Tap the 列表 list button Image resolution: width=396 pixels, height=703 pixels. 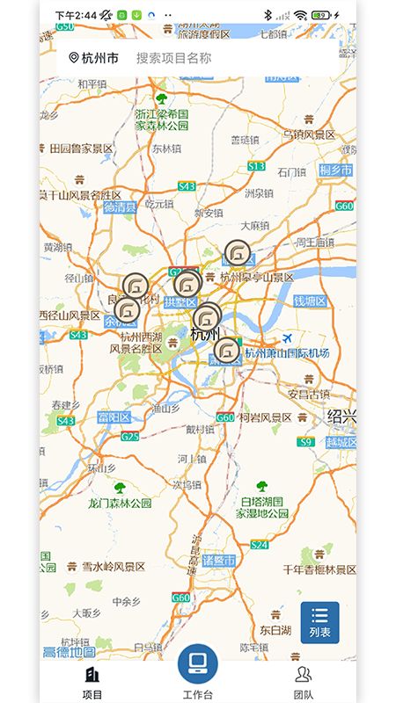point(319,622)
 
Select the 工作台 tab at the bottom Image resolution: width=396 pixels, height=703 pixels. point(197,672)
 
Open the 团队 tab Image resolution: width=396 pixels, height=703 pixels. point(304,681)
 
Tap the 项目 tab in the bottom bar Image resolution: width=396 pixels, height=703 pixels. point(92,681)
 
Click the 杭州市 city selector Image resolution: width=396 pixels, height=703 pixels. point(93,59)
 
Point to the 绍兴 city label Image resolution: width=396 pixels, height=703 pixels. point(341,416)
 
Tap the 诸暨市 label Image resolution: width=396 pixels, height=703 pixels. point(218,561)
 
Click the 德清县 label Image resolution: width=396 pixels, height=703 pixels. point(120,208)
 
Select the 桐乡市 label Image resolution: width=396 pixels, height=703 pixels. point(336,170)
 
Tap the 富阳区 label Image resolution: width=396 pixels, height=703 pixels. point(114,417)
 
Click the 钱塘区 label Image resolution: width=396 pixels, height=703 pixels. point(310,301)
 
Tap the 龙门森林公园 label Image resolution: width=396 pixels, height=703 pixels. point(120,504)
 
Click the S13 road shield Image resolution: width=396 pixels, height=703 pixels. point(256,166)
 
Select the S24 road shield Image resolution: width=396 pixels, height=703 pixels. point(259,545)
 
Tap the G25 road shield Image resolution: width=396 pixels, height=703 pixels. point(130,437)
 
